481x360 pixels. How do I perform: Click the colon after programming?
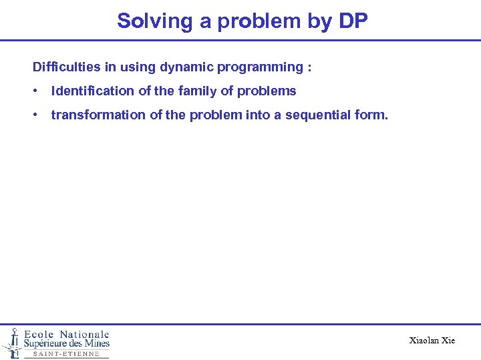pyautogui.click(x=309, y=67)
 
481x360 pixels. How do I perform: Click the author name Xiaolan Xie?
pyautogui.click(x=432, y=341)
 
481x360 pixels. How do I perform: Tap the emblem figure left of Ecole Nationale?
pyautogui.click(x=11, y=342)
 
